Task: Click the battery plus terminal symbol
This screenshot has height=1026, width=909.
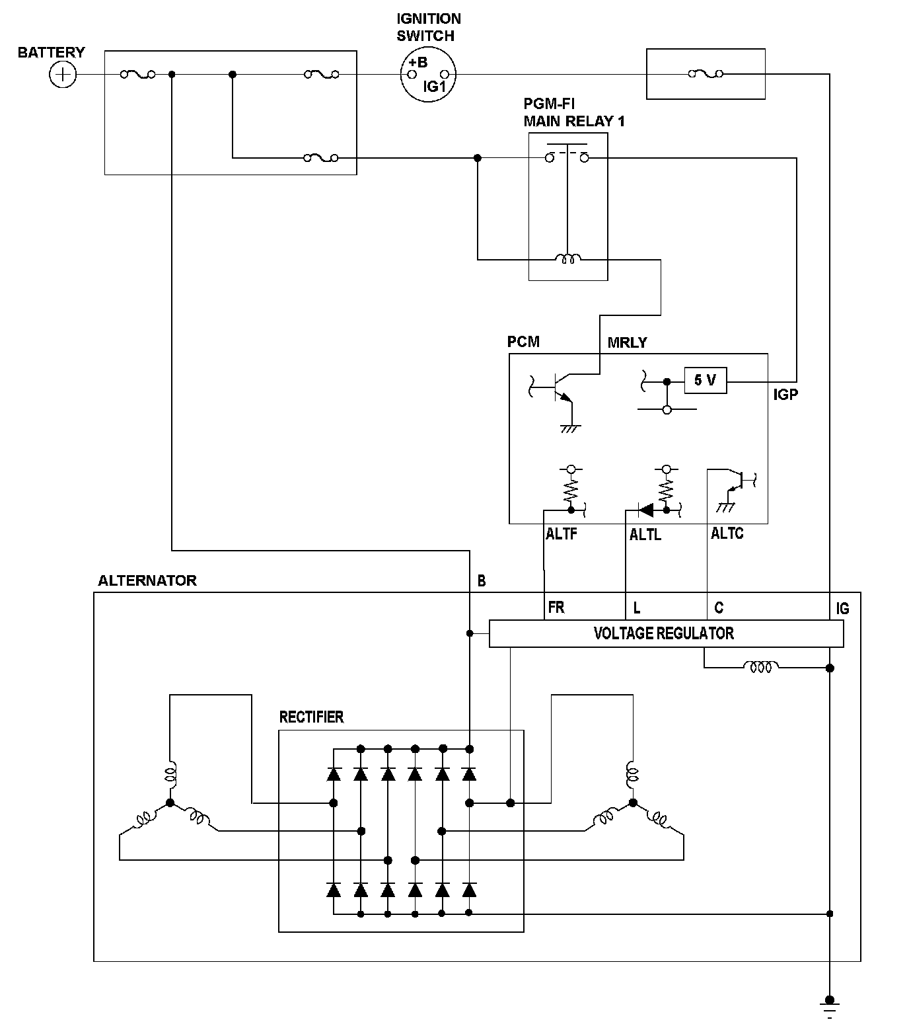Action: tap(63, 74)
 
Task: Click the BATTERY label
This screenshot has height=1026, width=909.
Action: tap(51, 52)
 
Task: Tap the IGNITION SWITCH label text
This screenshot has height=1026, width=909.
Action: tap(429, 27)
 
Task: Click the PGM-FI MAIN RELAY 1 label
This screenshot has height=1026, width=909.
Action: tap(574, 113)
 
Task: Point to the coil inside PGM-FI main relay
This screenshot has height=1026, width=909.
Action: tap(567, 259)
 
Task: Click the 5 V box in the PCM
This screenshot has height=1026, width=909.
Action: tap(706, 380)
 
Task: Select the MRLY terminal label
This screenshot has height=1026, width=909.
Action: tap(627, 342)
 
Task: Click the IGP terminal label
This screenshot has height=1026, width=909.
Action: tap(785, 395)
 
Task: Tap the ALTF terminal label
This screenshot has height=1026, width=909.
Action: tap(562, 534)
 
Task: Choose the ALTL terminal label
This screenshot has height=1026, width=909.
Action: tap(645, 535)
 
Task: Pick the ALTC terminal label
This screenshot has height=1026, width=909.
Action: tap(727, 533)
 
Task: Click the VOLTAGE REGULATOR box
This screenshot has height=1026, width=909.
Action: tap(666, 633)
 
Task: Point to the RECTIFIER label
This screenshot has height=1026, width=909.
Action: tap(311, 717)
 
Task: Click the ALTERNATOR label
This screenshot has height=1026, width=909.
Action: tap(147, 580)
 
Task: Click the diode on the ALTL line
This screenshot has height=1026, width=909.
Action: tap(645, 510)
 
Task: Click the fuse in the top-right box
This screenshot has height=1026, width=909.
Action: tap(706, 74)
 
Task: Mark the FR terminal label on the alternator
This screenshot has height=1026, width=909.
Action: tap(556, 608)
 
